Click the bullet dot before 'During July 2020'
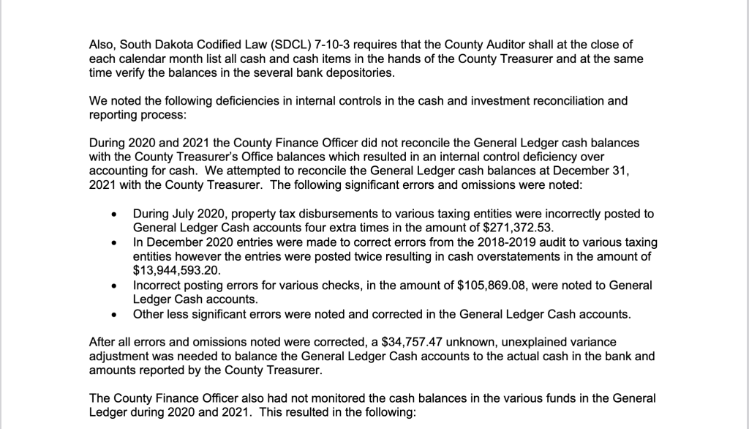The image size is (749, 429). click(x=113, y=214)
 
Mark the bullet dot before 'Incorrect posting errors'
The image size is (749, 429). click(x=113, y=286)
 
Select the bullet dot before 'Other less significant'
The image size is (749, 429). click(x=113, y=315)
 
